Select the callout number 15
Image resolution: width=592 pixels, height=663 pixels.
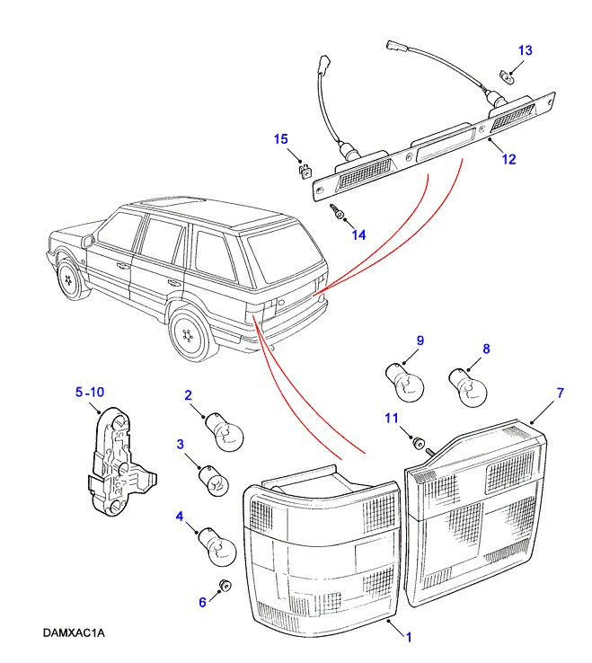(281, 138)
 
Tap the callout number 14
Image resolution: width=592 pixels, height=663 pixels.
(358, 235)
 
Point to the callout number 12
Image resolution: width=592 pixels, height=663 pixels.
(508, 160)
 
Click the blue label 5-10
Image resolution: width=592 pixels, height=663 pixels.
(90, 392)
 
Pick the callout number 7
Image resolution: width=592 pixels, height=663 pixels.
(560, 393)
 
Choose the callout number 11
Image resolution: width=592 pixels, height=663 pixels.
(391, 418)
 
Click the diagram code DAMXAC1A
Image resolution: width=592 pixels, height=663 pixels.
(74, 633)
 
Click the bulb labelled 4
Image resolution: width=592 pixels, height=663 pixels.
(220, 545)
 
